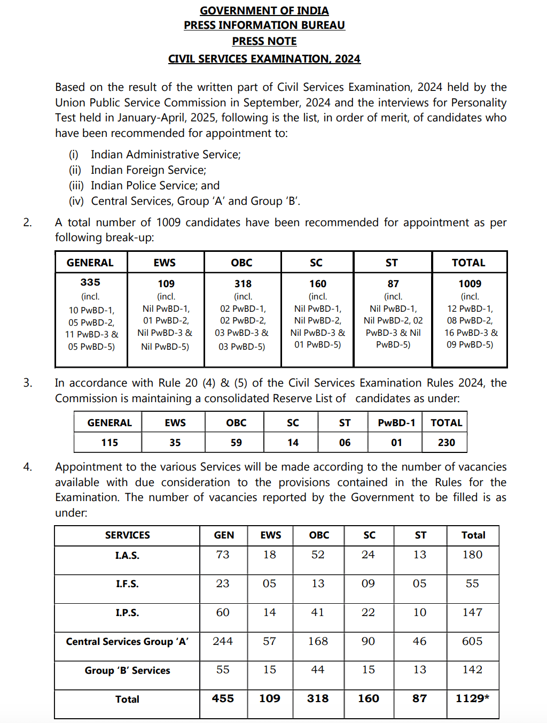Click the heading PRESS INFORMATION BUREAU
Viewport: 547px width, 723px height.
click(x=264, y=25)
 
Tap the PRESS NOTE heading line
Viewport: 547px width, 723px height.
click(x=264, y=41)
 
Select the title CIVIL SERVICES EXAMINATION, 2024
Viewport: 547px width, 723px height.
click(x=264, y=59)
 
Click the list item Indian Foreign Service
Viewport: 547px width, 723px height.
click(x=148, y=170)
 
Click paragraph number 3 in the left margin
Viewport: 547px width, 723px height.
click(x=28, y=383)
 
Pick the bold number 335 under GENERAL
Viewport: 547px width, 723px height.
click(x=90, y=282)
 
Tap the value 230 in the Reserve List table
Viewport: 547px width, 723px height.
click(x=446, y=443)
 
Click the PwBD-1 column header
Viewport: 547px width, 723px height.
click(x=396, y=423)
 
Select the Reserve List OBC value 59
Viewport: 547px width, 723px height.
click(x=236, y=443)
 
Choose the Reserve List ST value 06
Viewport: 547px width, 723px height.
click(x=345, y=443)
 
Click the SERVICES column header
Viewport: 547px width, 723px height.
click(x=127, y=535)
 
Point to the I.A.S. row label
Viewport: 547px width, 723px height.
click(x=127, y=556)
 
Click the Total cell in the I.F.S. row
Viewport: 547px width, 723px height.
click(x=472, y=583)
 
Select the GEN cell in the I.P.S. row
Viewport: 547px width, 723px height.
click(x=223, y=612)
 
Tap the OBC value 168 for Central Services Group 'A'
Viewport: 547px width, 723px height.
click(x=318, y=641)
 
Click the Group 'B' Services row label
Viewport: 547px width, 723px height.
click(x=127, y=671)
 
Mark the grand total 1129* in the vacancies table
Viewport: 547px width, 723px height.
click(x=472, y=698)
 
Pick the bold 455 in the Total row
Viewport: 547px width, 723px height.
click(x=223, y=698)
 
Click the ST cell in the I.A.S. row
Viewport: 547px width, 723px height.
click(x=420, y=555)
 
